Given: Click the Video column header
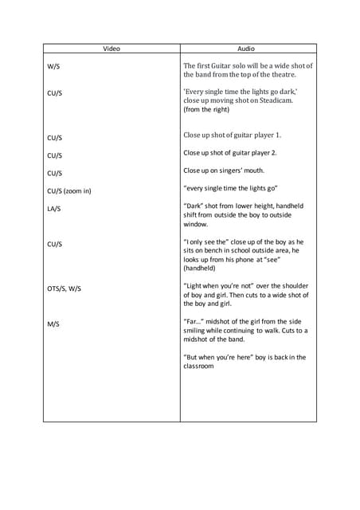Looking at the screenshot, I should point(112,49).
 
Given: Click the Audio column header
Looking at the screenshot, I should point(248,49).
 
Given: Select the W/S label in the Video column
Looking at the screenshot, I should point(53,67).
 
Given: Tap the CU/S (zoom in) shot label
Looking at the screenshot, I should point(69,190).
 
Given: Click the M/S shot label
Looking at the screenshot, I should point(53,324).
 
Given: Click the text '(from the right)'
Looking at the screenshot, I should point(206,110).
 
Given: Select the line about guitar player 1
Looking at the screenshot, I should point(232,135).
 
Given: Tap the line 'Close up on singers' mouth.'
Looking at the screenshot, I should point(224,170).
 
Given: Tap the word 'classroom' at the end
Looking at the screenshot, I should point(199,367).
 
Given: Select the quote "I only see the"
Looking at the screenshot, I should point(209,241).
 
